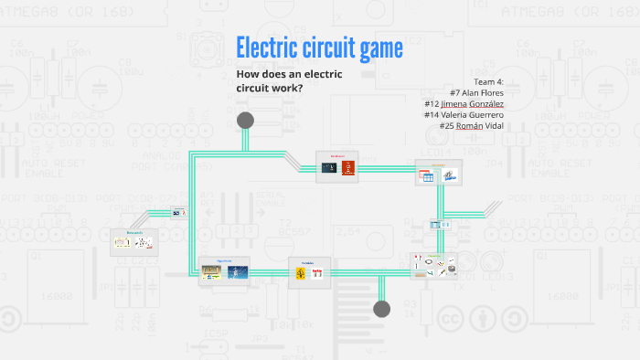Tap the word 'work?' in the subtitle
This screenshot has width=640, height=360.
tap(284, 88)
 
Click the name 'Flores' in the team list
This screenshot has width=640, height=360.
tap(486, 92)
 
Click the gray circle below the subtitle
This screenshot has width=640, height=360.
tap(245, 121)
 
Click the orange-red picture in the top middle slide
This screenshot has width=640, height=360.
tap(347, 168)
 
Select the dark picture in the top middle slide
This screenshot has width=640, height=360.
tap(330, 168)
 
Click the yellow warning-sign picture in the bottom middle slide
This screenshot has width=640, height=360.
tap(301, 273)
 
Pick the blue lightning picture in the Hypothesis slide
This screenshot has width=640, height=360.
tap(238, 272)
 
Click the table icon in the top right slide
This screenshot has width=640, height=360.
tap(426, 178)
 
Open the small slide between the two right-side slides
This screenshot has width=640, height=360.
tap(440, 224)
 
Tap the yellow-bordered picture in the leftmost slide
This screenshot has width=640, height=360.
tap(123, 244)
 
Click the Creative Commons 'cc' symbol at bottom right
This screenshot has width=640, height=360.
tap(449, 318)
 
